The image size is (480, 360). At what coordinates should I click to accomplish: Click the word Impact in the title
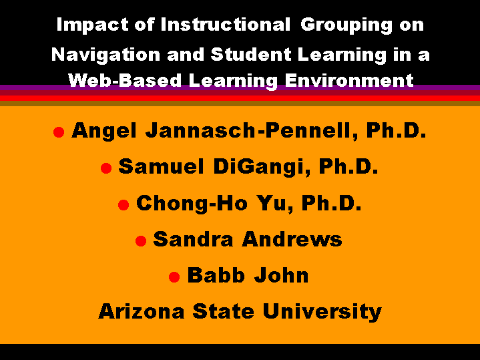[92, 25]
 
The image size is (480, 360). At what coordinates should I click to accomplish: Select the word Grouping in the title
[346, 25]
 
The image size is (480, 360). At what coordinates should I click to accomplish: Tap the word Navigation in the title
[106, 55]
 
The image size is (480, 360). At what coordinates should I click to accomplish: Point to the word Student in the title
[251, 54]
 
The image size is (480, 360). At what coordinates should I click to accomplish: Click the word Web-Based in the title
[126, 81]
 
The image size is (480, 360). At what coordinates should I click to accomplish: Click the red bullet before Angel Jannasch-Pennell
[59, 132]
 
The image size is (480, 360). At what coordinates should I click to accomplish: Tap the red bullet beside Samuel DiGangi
[106, 168]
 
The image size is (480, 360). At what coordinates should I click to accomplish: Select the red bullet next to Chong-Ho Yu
[124, 204]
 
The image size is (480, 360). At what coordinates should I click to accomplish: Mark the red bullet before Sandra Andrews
[141, 241]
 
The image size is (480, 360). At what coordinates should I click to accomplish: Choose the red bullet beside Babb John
[174, 277]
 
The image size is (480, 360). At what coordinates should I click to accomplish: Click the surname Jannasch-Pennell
[252, 130]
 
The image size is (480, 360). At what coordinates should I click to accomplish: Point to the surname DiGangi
[262, 167]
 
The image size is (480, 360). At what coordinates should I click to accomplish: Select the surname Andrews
[292, 239]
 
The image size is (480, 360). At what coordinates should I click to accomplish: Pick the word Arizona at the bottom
[142, 311]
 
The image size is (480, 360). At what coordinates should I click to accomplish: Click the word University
[322, 312]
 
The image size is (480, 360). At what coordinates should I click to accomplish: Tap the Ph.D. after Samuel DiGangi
[348, 166]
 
